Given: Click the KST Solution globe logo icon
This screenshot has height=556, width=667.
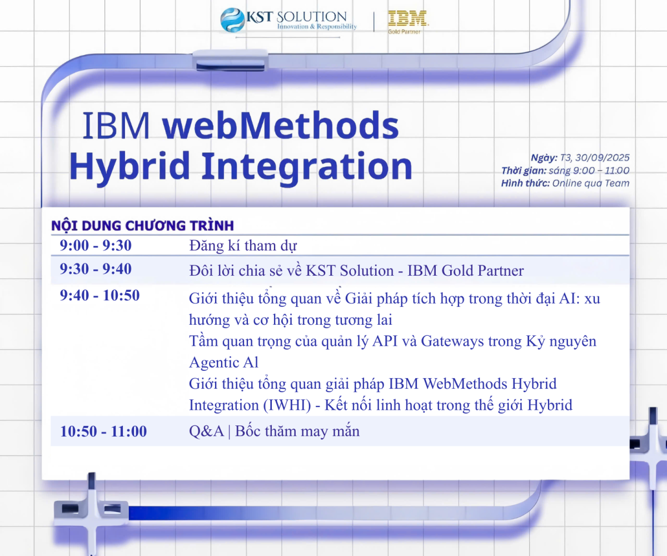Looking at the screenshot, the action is click(x=232, y=20).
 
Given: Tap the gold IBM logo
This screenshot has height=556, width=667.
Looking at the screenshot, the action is click(x=407, y=18).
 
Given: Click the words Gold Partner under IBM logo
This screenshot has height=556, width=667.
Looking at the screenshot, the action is click(x=404, y=32).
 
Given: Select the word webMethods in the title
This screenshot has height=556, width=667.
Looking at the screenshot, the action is click(x=281, y=125).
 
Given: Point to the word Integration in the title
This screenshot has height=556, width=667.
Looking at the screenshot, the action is click(x=307, y=166).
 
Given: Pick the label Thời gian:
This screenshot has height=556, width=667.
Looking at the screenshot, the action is click(x=524, y=171).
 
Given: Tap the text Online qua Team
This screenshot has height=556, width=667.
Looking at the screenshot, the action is click(x=591, y=183).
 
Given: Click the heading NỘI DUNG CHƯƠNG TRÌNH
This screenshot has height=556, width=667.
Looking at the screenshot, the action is click(x=142, y=226).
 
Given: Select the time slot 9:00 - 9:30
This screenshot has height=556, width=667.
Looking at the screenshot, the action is click(x=96, y=245).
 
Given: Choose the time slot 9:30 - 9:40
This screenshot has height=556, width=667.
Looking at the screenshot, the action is click(x=96, y=269).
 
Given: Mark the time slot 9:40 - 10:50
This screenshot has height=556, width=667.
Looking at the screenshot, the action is click(x=99, y=295).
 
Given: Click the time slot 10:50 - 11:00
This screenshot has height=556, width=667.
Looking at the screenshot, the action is click(x=103, y=431).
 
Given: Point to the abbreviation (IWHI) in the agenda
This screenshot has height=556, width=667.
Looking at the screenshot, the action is click(x=287, y=405).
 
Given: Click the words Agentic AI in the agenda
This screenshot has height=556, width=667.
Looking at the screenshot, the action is click(x=223, y=363).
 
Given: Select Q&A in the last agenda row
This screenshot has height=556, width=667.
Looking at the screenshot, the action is click(x=206, y=431).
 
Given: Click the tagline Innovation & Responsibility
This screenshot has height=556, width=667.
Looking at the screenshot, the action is click(x=317, y=27).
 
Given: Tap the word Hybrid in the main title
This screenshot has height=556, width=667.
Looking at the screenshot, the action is click(x=130, y=167).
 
